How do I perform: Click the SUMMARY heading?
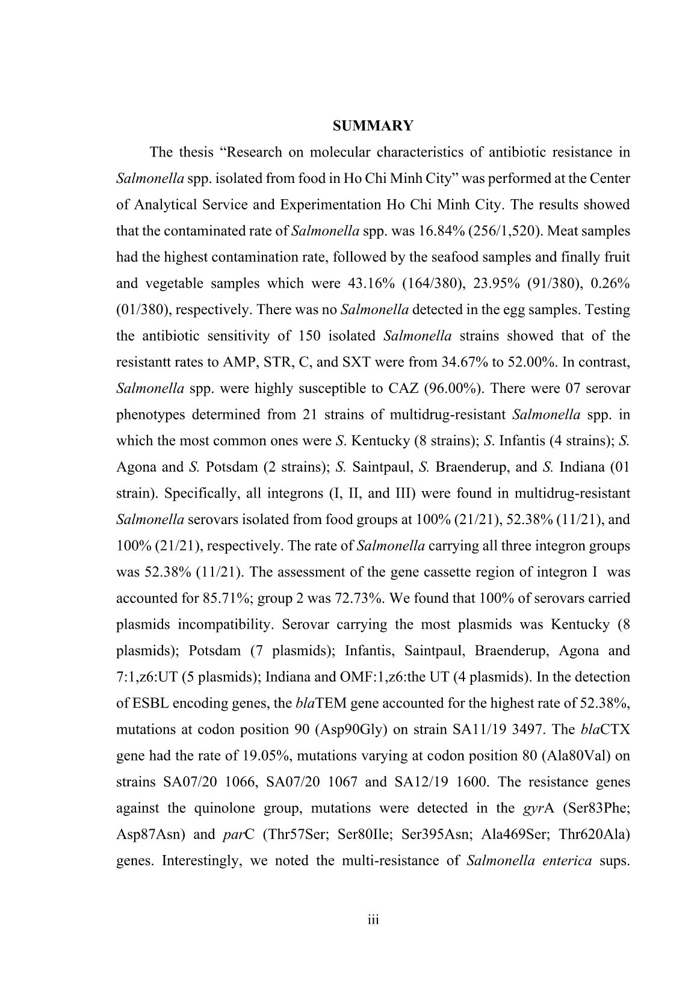pos(373,126)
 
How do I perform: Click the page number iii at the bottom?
pos(373,919)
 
